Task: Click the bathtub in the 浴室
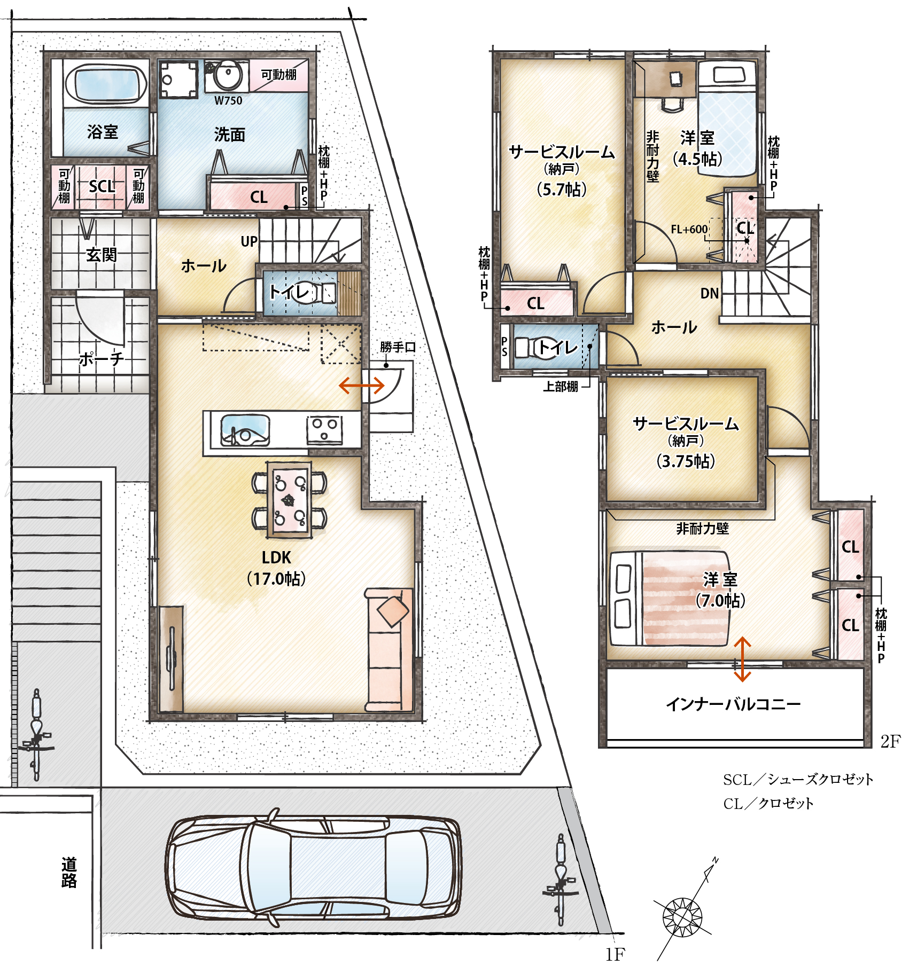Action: coord(106,84)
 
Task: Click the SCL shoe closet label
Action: coord(102,186)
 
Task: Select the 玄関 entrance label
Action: coord(101,255)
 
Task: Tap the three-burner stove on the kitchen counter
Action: coord(324,430)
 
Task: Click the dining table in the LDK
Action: coord(289,499)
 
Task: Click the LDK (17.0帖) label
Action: coord(276,568)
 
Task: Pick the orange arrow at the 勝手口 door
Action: coord(362,385)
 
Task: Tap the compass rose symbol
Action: coord(682,917)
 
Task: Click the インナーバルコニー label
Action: coord(733,704)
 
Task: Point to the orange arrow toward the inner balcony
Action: coord(742,659)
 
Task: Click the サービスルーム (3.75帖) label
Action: coord(686,442)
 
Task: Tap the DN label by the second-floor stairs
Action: coord(710,293)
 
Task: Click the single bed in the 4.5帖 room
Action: coord(727,118)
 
